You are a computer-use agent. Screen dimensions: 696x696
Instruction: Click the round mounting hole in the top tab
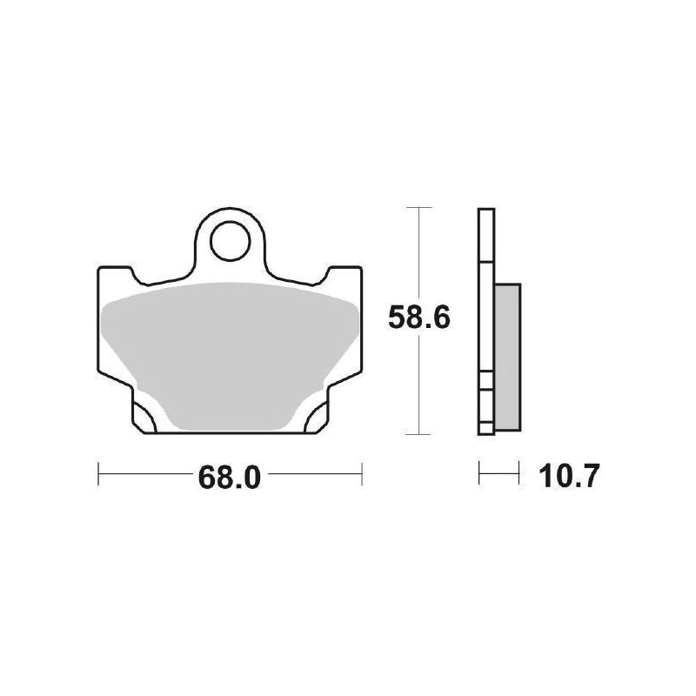click(230, 238)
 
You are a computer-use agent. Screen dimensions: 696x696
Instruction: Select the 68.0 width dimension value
click(230, 477)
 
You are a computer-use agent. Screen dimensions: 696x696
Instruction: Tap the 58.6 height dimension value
click(418, 320)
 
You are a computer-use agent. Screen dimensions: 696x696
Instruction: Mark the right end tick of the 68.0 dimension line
click(361, 475)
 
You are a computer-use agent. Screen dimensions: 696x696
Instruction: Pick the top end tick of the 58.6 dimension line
click(419, 209)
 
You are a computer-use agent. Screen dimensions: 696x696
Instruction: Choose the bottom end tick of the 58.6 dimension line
click(419, 434)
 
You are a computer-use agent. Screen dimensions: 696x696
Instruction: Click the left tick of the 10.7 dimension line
click(480, 475)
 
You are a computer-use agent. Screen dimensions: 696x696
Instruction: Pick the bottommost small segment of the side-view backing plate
click(486, 426)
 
